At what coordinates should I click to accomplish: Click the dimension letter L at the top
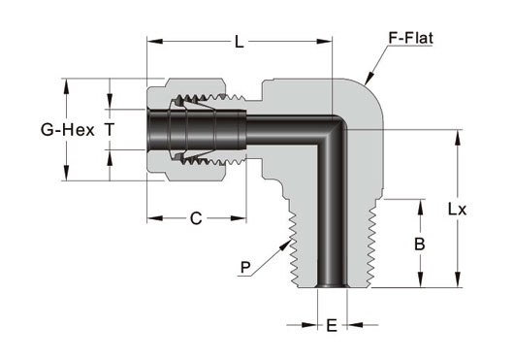(x=240, y=42)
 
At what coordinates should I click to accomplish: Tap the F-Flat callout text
(x=410, y=38)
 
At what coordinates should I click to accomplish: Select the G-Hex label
(x=68, y=130)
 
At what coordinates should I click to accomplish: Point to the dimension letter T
(x=110, y=129)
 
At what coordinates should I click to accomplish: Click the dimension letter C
(x=196, y=218)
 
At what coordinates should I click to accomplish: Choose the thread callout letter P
(x=245, y=267)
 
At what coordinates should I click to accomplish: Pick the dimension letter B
(x=420, y=244)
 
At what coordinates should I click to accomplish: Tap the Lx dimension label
(x=457, y=210)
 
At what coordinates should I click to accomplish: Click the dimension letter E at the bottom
(x=332, y=326)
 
